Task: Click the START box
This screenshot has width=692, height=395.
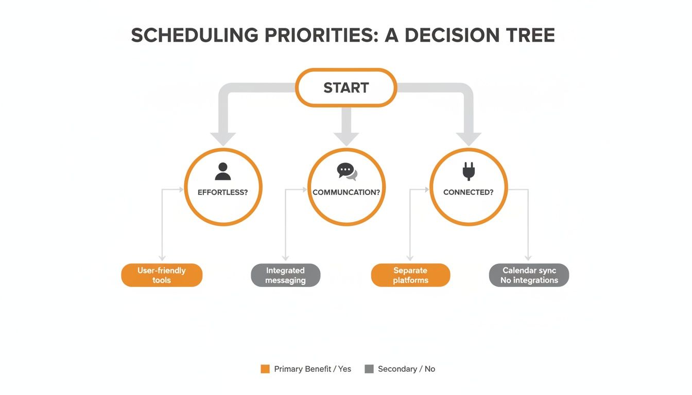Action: coord(346,88)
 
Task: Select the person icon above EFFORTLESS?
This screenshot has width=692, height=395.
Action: coord(222,171)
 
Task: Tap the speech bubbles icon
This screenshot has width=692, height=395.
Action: coord(347,172)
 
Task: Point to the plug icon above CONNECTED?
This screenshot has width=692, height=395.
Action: coord(468,171)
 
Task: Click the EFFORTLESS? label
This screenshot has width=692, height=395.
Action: coord(222,192)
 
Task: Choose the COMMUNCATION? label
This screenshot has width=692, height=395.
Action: coord(346,192)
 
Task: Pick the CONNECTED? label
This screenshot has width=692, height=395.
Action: coord(468,192)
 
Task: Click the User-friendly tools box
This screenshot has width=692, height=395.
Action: coord(162,275)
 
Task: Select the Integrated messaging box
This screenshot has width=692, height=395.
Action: coord(285,275)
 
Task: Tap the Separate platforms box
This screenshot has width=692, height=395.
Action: coord(410,275)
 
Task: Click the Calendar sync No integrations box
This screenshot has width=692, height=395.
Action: coord(529,275)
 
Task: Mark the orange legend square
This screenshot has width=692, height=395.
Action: coord(265,369)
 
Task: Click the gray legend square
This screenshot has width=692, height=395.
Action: coord(369,369)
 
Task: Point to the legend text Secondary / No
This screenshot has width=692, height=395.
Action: coord(406,369)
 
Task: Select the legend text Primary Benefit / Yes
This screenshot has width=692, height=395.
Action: coord(313,369)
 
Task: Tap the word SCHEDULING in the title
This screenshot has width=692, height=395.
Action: coord(195,35)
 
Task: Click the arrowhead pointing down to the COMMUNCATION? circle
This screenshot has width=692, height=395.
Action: coord(346,138)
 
